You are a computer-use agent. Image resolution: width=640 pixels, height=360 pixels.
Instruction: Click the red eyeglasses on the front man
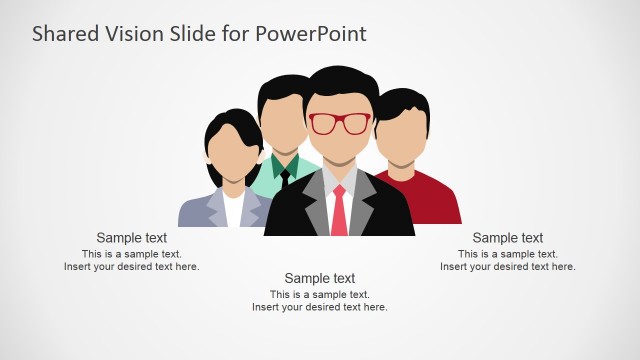click(339, 124)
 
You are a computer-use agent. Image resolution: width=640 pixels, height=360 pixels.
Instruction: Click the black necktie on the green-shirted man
click(284, 178)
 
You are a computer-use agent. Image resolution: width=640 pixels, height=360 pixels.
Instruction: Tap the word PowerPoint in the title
click(310, 34)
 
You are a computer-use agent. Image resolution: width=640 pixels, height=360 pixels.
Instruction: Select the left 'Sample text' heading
click(132, 238)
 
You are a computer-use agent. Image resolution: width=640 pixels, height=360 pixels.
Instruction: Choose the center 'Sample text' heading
click(320, 278)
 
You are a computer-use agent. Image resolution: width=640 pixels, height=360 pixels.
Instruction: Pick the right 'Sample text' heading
click(508, 238)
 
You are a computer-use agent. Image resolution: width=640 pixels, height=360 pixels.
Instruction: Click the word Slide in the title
click(195, 34)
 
